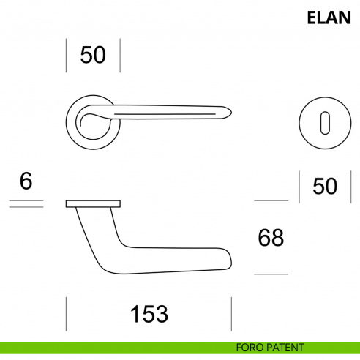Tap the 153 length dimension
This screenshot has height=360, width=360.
pos(149,314)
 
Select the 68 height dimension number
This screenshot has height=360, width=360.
pos(270,237)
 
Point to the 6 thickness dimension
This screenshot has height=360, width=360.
pos(26,181)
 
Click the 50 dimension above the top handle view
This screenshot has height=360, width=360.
pos(93,55)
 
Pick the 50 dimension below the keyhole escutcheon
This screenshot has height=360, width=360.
pos(325,186)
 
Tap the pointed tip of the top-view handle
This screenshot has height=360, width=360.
pos(230,111)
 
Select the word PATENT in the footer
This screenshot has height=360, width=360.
pos(286,348)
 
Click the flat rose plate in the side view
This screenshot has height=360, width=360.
pos(93,202)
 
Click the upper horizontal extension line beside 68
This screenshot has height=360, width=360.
pos(270,200)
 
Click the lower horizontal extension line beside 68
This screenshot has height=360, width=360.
pos(270,274)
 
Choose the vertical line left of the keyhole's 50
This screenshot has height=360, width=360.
pos(300,186)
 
